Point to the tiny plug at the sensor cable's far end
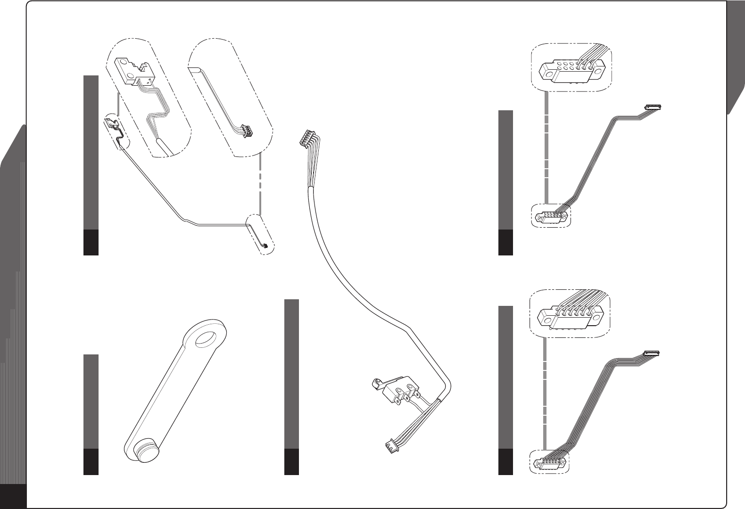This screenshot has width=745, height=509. pos(265,246)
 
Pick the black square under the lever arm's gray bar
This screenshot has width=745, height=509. pos(91,461)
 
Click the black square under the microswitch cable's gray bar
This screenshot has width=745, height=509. pos(292,461)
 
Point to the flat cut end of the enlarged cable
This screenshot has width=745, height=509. pos(195,70)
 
